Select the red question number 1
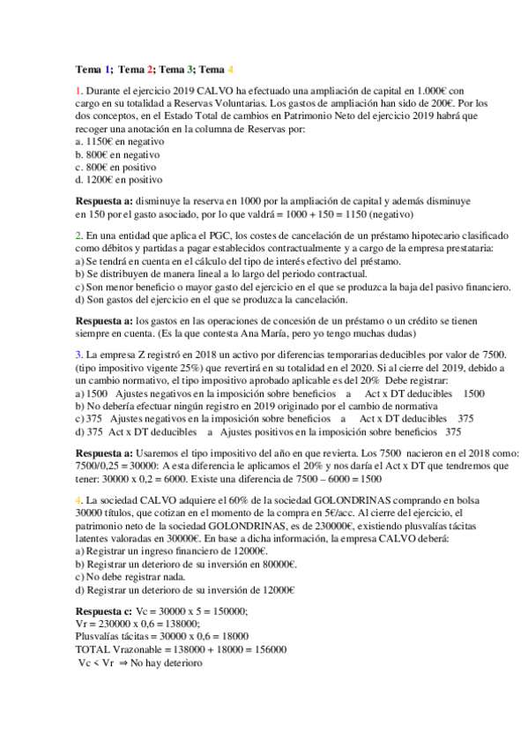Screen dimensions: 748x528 tap(78, 91)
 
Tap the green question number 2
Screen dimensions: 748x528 tap(78, 236)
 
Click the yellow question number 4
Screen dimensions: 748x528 tap(78, 500)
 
